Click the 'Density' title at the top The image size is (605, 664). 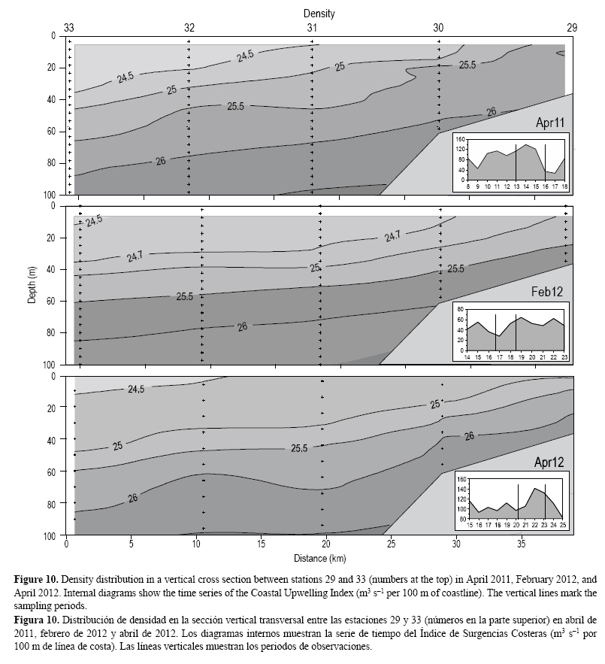pyautogui.click(x=319, y=14)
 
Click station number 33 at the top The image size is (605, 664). pyautogui.click(x=68, y=28)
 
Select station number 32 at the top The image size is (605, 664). pyautogui.click(x=189, y=28)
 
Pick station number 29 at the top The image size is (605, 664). pyautogui.click(x=571, y=28)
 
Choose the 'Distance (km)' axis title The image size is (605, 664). pyautogui.click(x=319, y=559)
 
